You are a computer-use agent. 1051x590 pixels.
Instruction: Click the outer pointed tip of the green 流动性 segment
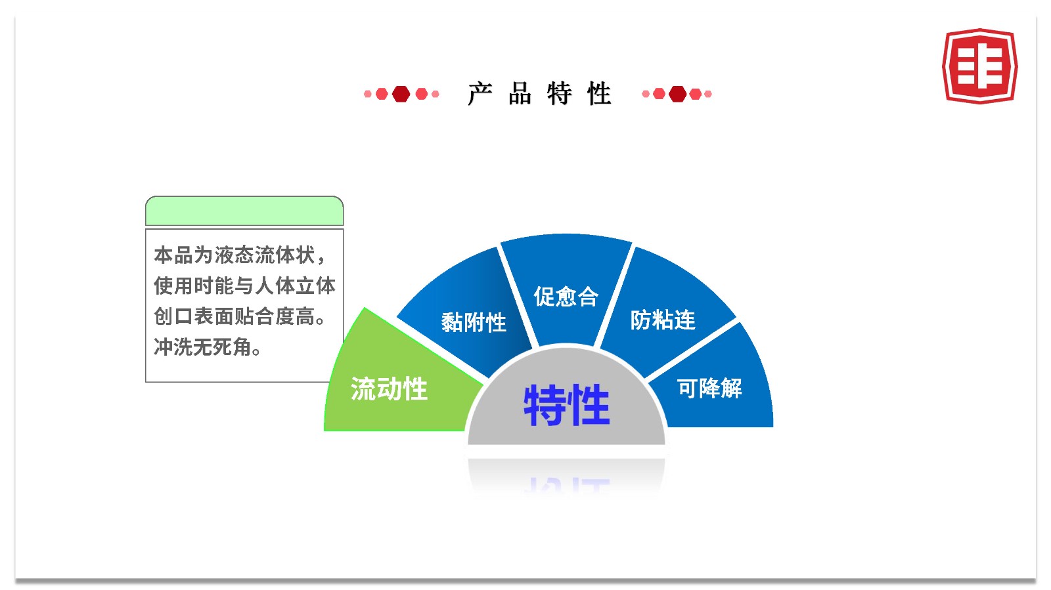click(x=365, y=307)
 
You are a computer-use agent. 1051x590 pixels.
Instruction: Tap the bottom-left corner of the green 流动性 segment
click(x=324, y=431)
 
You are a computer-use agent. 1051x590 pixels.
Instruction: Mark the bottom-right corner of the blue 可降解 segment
click(x=772, y=427)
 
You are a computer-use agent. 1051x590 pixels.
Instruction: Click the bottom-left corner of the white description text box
click(x=146, y=382)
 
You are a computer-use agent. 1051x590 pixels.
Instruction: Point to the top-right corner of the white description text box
click(x=344, y=229)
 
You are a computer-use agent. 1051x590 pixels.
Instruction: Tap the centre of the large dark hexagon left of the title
click(x=401, y=95)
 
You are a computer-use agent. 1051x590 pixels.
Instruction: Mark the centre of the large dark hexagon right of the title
click(x=677, y=95)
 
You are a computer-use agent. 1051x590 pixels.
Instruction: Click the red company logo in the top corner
click(x=980, y=66)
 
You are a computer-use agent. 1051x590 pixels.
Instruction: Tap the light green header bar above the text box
click(x=244, y=211)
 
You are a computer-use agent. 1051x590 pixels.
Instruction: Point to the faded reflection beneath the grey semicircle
click(x=566, y=476)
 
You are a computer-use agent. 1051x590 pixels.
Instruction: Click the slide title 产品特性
click(x=539, y=94)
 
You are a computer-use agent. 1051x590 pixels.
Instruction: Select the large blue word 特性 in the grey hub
click(x=566, y=405)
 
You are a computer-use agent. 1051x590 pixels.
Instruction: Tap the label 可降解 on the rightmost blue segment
click(x=710, y=389)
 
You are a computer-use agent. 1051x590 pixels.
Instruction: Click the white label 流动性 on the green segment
click(x=389, y=389)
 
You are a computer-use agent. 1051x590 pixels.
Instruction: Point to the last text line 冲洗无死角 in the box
click(x=207, y=347)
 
